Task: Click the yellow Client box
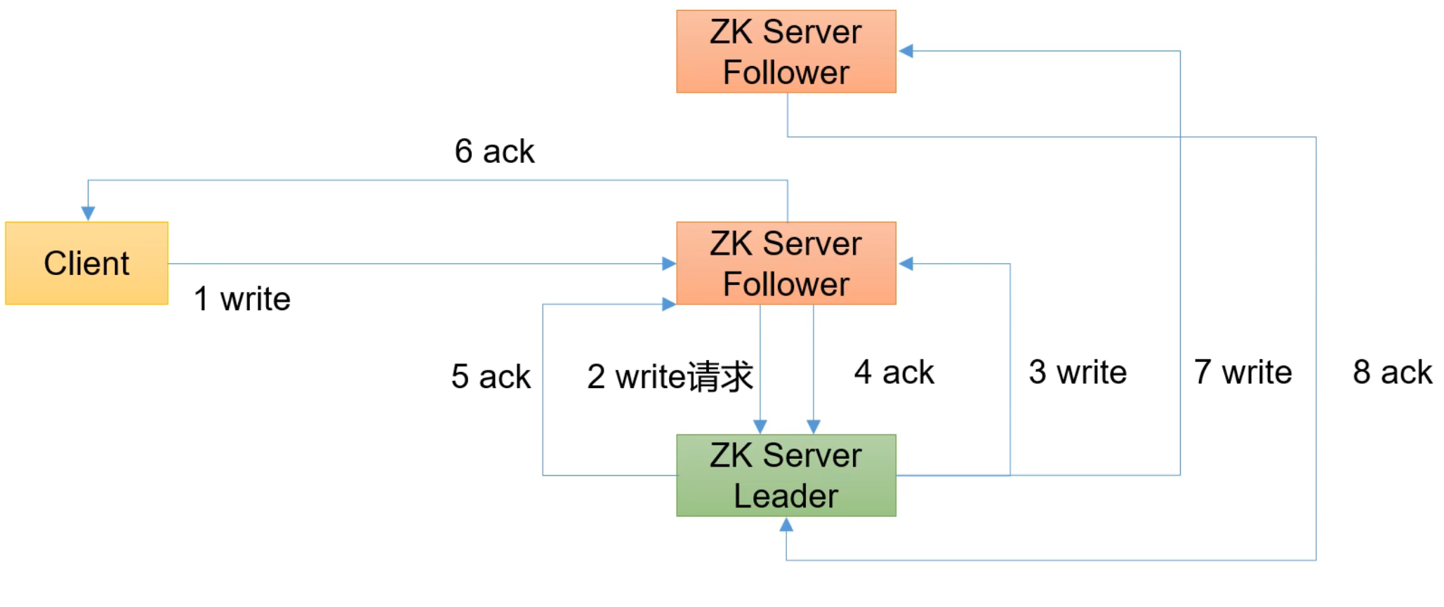pos(86,263)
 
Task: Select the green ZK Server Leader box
pos(786,475)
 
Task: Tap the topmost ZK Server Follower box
pos(786,51)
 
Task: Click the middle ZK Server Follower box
pos(786,263)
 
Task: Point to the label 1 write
pos(242,299)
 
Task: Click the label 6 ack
pos(494,152)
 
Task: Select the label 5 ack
pos(491,377)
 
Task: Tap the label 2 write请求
pos(670,377)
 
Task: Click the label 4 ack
pos(894,372)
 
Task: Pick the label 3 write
pos(1078,372)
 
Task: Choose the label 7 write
pos(1243,372)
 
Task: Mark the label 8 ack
pos(1392,372)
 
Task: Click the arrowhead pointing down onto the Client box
pos(88,213)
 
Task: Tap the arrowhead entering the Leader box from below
pos(786,525)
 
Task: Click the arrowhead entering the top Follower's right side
pos(906,51)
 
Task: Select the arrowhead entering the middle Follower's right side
pos(906,264)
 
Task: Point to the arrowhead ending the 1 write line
pos(668,264)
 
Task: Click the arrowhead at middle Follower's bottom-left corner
pos(668,304)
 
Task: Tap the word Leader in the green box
pos(786,496)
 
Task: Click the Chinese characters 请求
pos(720,377)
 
